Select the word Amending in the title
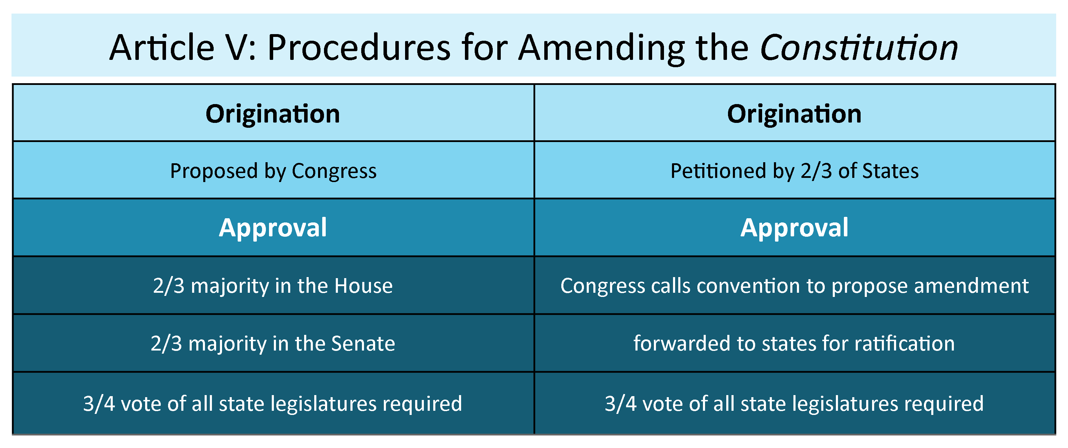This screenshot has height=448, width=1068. (x=602, y=48)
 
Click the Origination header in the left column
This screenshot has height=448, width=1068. (x=273, y=114)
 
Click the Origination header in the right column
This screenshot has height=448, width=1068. (x=794, y=114)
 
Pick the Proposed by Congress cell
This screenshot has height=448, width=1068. (x=273, y=171)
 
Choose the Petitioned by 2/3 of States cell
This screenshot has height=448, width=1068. (x=794, y=171)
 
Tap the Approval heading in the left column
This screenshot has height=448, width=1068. (x=273, y=228)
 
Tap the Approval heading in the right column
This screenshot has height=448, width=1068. (x=794, y=228)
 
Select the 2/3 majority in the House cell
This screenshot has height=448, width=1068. (x=273, y=286)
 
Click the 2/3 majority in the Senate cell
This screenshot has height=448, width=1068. (x=273, y=344)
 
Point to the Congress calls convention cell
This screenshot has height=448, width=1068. (x=794, y=286)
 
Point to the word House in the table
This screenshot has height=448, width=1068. (x=363, y=286)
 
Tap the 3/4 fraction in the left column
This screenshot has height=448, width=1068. (x=99, y=403)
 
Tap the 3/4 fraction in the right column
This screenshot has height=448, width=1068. (x=620, y=403)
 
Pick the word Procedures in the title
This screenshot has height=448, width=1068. (x=359, y=48)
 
